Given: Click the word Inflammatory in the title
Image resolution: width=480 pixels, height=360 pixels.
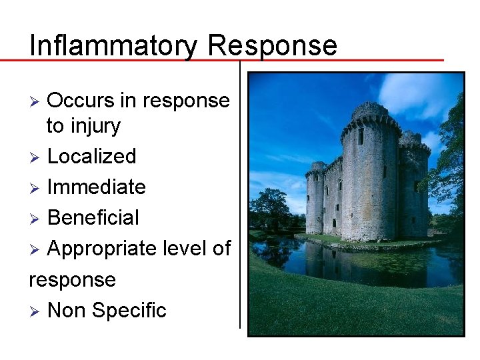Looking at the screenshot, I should point(114,45).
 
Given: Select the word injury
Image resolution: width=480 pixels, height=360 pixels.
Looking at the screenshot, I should point(95,125).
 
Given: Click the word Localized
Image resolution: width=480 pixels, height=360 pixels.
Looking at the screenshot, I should point(91,156).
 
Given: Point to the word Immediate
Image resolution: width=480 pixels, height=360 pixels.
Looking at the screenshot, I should point(96,187).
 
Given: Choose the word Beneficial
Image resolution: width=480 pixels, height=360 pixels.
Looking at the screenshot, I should point(93,217).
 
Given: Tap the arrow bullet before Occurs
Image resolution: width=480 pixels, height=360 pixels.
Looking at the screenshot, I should point(37,101).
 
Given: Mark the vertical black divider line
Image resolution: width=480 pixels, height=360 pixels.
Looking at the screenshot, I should point(240,200).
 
